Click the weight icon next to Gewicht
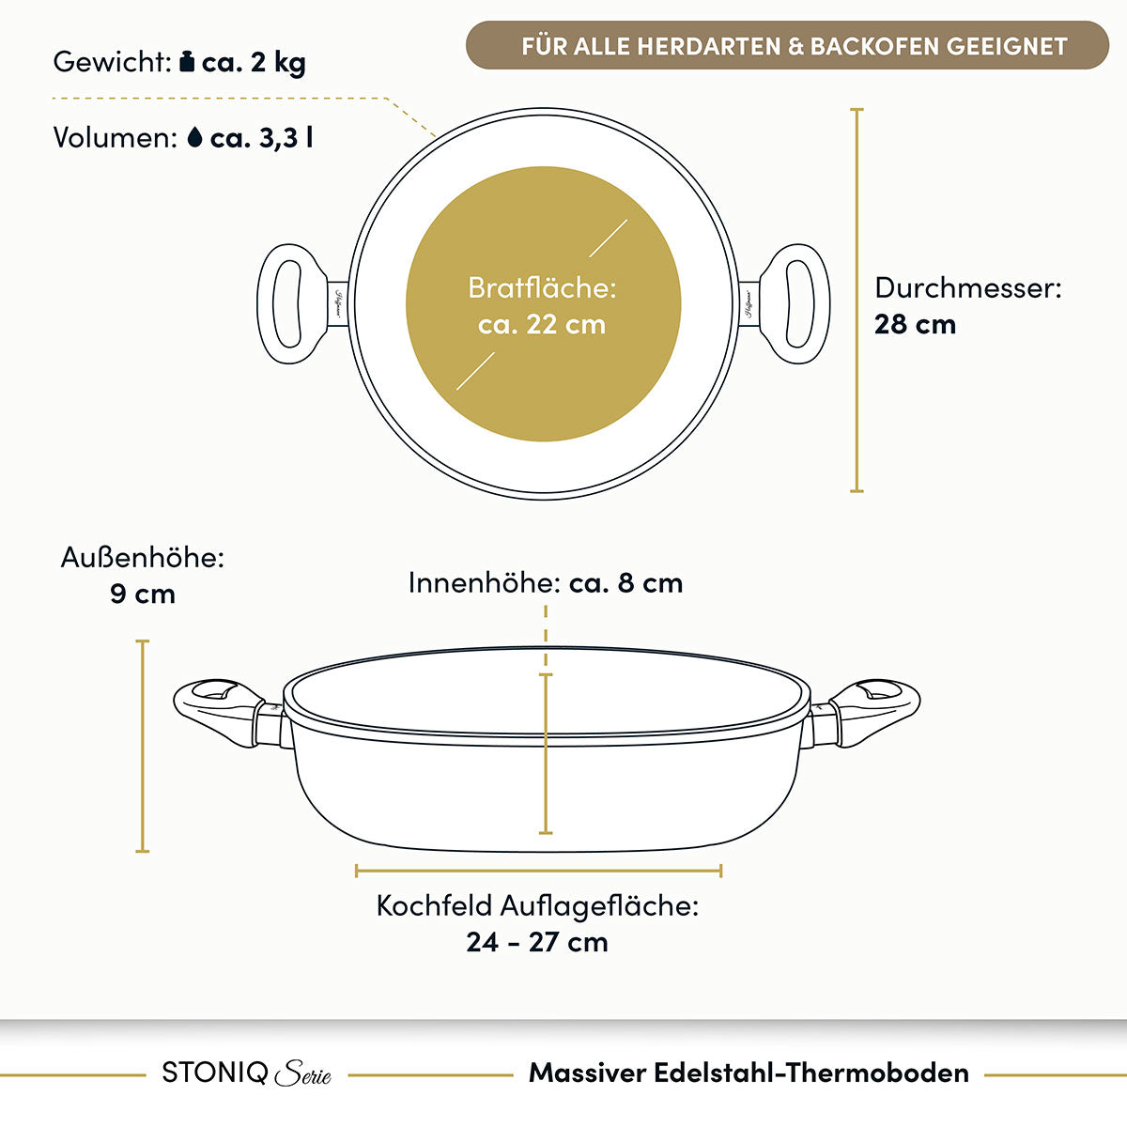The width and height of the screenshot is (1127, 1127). (x=187, y=61)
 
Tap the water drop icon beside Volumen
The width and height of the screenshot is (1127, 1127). (x=194, y=137)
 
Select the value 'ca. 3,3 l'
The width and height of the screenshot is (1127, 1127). (x=261, y=138)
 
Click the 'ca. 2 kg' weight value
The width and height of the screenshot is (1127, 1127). (x=254, y=63)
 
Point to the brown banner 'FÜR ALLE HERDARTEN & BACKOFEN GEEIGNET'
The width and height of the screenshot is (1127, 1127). (x=787, y=46)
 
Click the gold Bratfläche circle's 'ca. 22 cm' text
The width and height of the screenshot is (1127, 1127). (x=542, y=325)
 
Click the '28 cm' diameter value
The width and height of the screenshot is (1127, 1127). (x=915, y=325)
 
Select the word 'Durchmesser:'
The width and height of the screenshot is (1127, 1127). (x=968, y=287)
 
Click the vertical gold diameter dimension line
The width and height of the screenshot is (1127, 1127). (x=857, y=300)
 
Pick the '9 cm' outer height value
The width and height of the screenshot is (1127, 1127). (x=143, y=594)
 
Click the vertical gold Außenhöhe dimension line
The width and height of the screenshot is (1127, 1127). (x=142, y=747)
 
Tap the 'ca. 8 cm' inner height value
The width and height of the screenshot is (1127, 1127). (x=625, y=583)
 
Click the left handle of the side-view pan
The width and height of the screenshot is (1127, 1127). (x=228, y=712)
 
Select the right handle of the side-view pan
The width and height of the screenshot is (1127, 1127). (x=864, y=712)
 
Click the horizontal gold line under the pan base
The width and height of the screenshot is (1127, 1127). (x=539, y=871)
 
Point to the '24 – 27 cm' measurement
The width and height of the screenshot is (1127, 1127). (x=537, y=942)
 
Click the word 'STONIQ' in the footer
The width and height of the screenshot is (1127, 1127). (x=215, y=1073)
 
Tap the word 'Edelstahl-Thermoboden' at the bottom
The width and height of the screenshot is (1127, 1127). (x=811, y=1073)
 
